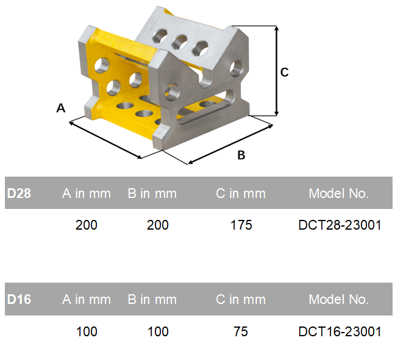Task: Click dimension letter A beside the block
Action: [x=61, y=108]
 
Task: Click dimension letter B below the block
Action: [x=241, y=155]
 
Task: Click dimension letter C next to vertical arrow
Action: [x=285, y=72]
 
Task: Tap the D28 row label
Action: [x=19, y=193]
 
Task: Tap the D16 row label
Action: [x=19, y=299]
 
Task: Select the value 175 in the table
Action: [x=241, y=225]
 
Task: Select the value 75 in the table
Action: [x=241, y=331]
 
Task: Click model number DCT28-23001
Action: [x=340, y=225]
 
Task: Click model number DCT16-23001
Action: [x=340, y=331]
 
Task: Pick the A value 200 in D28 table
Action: [x=87, y=225]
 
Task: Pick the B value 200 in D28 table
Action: [x=158, y=225]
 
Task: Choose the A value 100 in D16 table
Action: [x=87, y=331]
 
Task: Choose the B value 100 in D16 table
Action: [x=158, y=331]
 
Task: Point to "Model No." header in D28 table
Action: [x=339, y=193]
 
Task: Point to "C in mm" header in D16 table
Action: [x=241, y=299]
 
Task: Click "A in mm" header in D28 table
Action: [x=87, y=193]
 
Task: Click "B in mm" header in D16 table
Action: [x=152, y=299]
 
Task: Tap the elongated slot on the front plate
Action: [x=206, y=108]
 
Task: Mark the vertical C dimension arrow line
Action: [x=277, y=71]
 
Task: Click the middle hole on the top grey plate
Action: [x=179, y=42]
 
